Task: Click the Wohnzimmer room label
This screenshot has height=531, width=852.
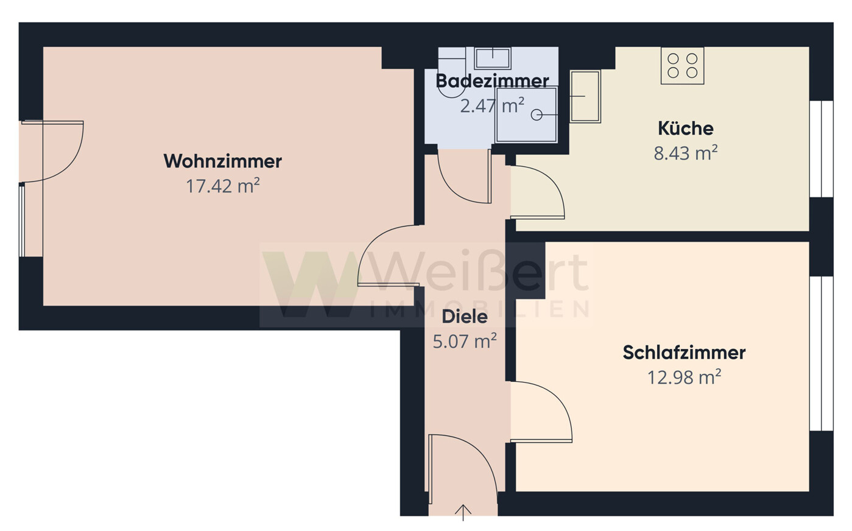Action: (222, 161)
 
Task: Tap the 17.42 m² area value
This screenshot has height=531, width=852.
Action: (222, 186)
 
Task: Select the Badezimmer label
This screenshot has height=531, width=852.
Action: (492, 80)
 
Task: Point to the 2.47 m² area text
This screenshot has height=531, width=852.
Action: (492, 106)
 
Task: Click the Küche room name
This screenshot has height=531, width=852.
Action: (685, 128)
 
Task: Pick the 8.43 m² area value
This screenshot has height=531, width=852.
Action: (685, 153)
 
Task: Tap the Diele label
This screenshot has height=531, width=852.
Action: (465, 317)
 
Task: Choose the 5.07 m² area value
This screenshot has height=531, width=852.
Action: (465, 341)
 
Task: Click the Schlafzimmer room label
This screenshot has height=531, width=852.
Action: (684, 353)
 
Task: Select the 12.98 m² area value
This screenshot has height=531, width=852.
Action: (684, 378)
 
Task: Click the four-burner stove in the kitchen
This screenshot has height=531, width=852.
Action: (682, 66)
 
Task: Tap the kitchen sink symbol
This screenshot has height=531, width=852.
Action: (585, 96)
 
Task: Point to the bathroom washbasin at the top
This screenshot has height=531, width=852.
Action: (493, 58)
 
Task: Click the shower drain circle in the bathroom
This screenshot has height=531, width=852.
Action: (537, 114)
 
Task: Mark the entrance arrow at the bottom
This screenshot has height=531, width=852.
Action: (463, 512)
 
